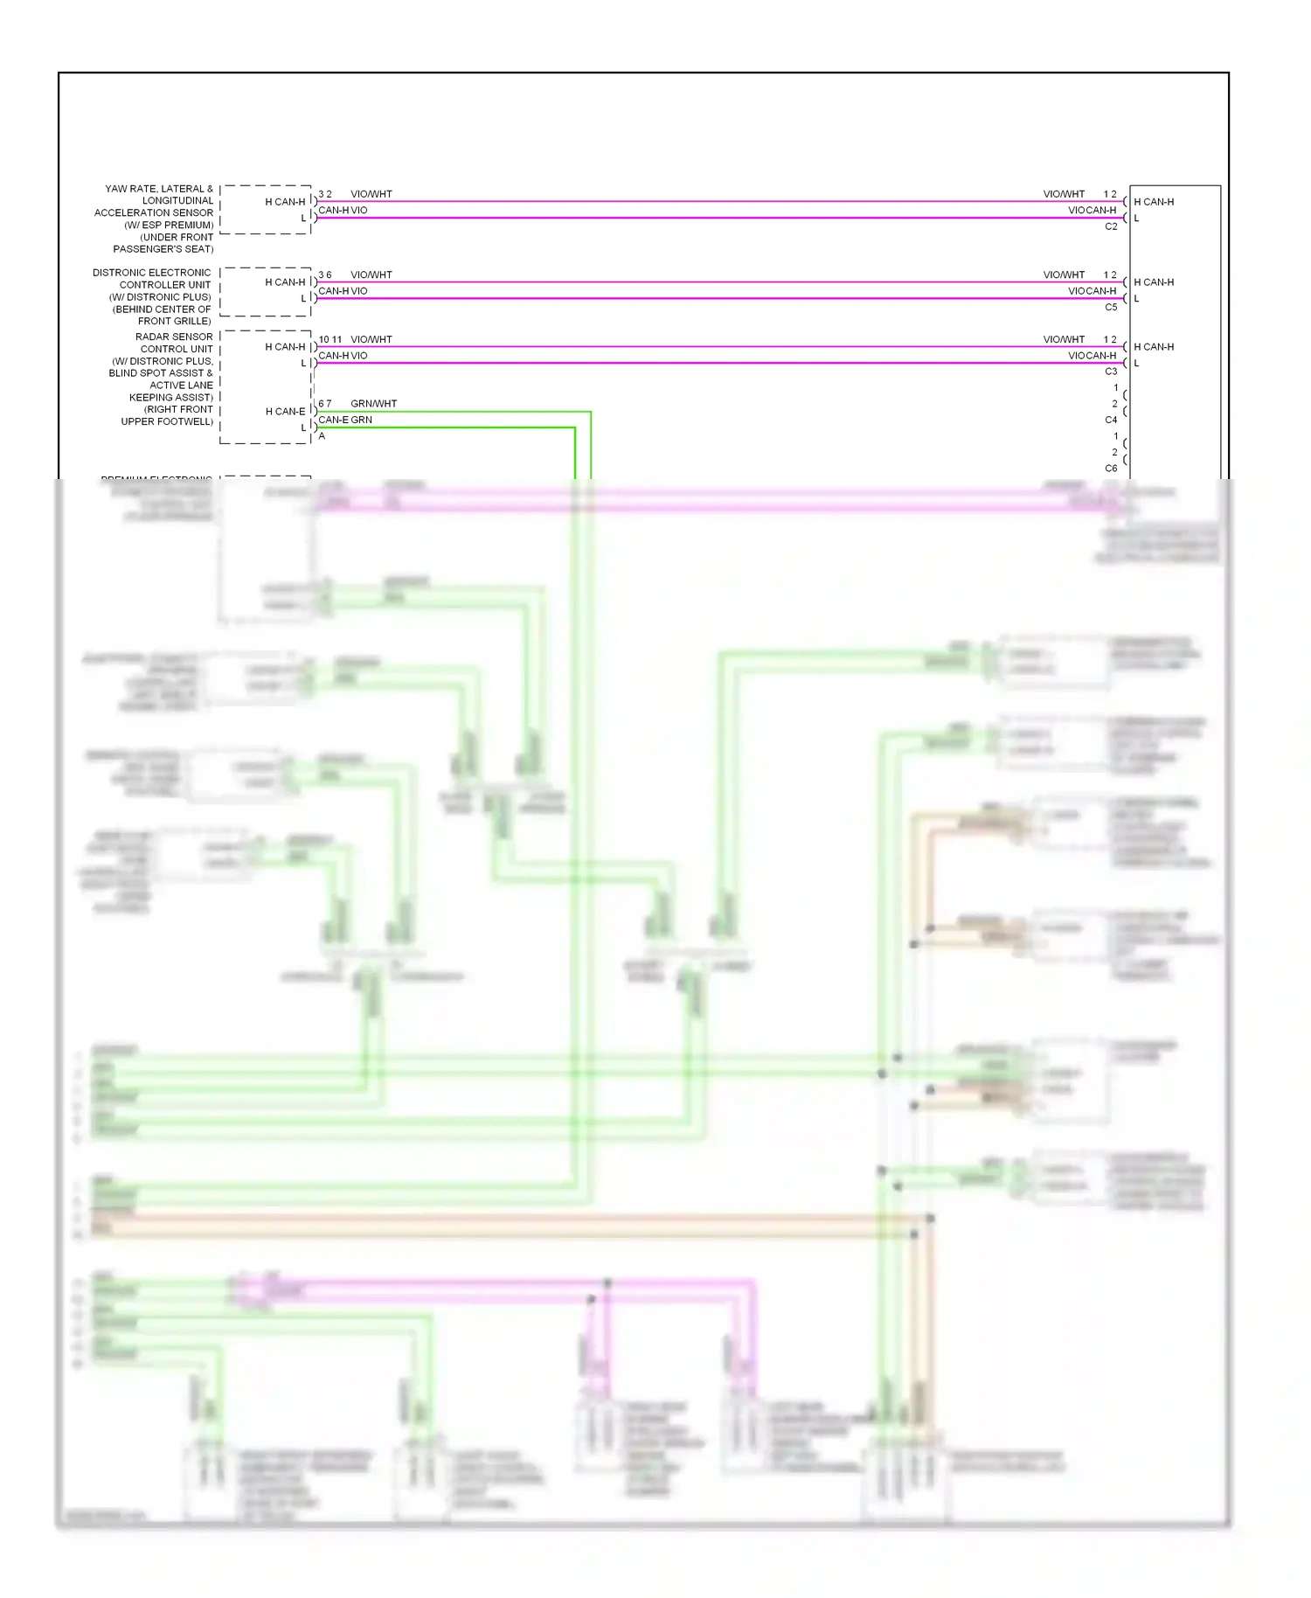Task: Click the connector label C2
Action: (1111, 226)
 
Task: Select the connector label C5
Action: (1111, 307)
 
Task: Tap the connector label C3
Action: (1111, 372)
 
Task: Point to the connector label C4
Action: (1111, 420)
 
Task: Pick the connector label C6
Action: (1111, 468)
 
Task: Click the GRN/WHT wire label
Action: (373, 404)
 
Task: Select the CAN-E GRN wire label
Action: (345, 420)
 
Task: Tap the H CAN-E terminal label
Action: (286, 412)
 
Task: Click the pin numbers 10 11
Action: (330, 339)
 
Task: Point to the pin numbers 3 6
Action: (325, 274)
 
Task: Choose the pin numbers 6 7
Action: (325, 404)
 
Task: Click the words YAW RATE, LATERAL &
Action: (159, 189)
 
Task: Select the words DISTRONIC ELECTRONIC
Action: (152, 273)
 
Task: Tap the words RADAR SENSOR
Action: (174, 337)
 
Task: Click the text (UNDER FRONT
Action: (177, 237)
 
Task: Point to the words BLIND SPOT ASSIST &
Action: (161, 373)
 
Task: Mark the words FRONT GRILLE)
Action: (175, 321)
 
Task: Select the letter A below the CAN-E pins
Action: (322, 436)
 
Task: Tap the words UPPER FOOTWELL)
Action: (167, 421)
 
